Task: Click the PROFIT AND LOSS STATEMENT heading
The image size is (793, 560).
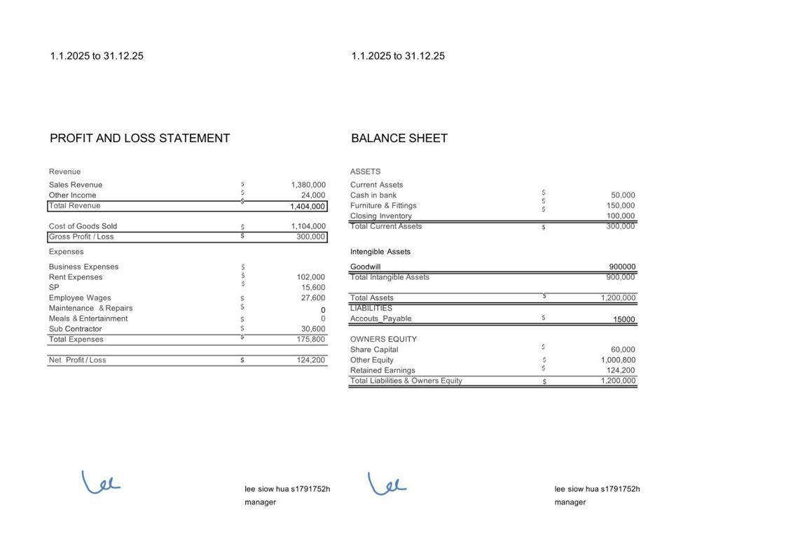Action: coord(139,138)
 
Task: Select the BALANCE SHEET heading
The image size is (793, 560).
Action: coord(399,138)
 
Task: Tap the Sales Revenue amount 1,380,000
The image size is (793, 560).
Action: coord(308,185)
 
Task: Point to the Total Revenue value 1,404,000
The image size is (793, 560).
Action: coord(308,206)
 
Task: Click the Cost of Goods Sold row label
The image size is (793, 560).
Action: coord(83,226)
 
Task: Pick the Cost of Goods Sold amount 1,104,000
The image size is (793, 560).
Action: coord(308,226)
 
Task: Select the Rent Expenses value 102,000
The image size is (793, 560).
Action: coord(311,277)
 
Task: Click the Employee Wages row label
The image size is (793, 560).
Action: coord(80,298)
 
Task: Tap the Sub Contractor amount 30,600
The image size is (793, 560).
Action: coord(313,329)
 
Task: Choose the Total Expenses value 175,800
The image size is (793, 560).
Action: coord(311,339)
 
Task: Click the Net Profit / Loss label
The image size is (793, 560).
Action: coord(78,360)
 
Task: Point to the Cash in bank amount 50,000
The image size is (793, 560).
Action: coord(623,195)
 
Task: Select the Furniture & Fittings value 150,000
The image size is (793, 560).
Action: coord(621,206)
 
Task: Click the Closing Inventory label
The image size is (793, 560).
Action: coord(381,216)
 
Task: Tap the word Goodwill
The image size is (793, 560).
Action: coord(366,267)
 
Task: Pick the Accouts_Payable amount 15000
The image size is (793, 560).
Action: coord(623,320)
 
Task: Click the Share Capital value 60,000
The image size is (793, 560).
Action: coord(623,350)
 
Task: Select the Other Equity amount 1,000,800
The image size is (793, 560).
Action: coord(618,360)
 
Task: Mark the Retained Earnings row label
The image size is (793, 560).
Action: coord(382,370)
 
